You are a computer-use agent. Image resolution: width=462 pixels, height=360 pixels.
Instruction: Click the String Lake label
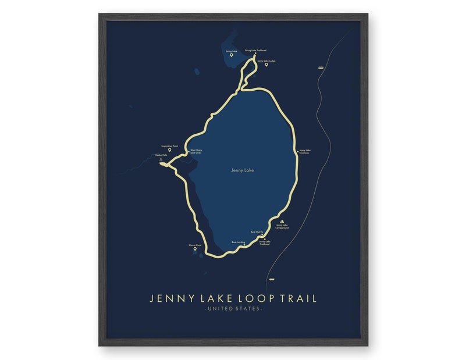231,51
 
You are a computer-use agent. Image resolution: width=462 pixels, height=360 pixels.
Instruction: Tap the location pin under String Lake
231,55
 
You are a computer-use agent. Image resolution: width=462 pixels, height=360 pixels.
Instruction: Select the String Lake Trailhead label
255,50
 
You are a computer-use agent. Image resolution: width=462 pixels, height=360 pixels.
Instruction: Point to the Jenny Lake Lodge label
266,60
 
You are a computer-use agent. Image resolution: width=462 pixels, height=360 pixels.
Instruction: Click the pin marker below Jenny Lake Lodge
266,65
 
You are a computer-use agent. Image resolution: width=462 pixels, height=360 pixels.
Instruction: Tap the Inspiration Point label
170,146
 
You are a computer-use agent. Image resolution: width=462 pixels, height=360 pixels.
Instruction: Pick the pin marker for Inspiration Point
170,150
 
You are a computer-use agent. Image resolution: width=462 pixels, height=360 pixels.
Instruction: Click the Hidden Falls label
161,155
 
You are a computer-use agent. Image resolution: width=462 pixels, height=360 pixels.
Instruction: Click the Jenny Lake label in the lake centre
243,170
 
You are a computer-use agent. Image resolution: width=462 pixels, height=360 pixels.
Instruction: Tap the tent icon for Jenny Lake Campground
282,221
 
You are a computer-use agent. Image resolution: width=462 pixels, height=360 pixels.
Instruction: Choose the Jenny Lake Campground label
282,226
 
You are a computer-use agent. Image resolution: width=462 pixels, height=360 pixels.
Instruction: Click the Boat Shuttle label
257,231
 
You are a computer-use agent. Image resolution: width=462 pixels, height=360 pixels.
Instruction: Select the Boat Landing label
238,242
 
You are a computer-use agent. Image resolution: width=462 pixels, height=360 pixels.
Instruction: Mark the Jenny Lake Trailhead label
265,243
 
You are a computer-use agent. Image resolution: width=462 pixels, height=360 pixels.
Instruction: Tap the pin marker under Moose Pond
195,249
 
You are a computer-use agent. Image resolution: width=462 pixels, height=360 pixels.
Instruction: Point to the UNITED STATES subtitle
233,308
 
